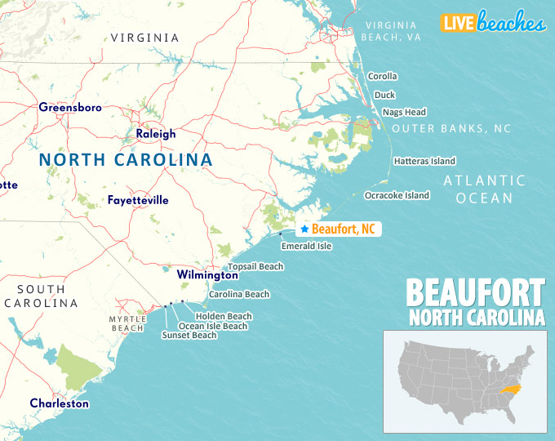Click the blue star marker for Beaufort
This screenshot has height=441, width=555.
pyautogui.click(x=304, y=229)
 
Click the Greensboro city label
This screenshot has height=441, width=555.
pyautogui.click(x=70, y=107)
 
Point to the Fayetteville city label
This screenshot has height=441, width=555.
pyautogui.click(x=138, y=199)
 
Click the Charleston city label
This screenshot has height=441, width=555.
pyautogui.click(x=60, y=403)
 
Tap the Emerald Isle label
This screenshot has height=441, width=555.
pyautogui.click(x=306, y=246)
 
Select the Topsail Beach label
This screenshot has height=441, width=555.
pyautogui.click(x=255, y=266)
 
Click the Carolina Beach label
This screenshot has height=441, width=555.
pyautogui.click(x=239, y=294)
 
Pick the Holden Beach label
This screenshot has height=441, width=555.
pyautogui.click(x=224, y=316)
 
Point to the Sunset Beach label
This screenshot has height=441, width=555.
pyautogui.click(x=189, y=335)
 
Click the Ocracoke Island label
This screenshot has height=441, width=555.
pyautogui.click(x=397, y=195)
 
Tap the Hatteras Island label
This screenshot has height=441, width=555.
pyautogui.click(x=424, y=161)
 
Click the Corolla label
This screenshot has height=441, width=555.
pyautogui.click(x=382, y=76)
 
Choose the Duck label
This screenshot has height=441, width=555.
pyautogui.click(x=384, y=95)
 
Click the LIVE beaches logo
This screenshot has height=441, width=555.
pyautogui.click(x=492, y=23)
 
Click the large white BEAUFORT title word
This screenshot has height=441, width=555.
pyautogui.click(x=475, y=292)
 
